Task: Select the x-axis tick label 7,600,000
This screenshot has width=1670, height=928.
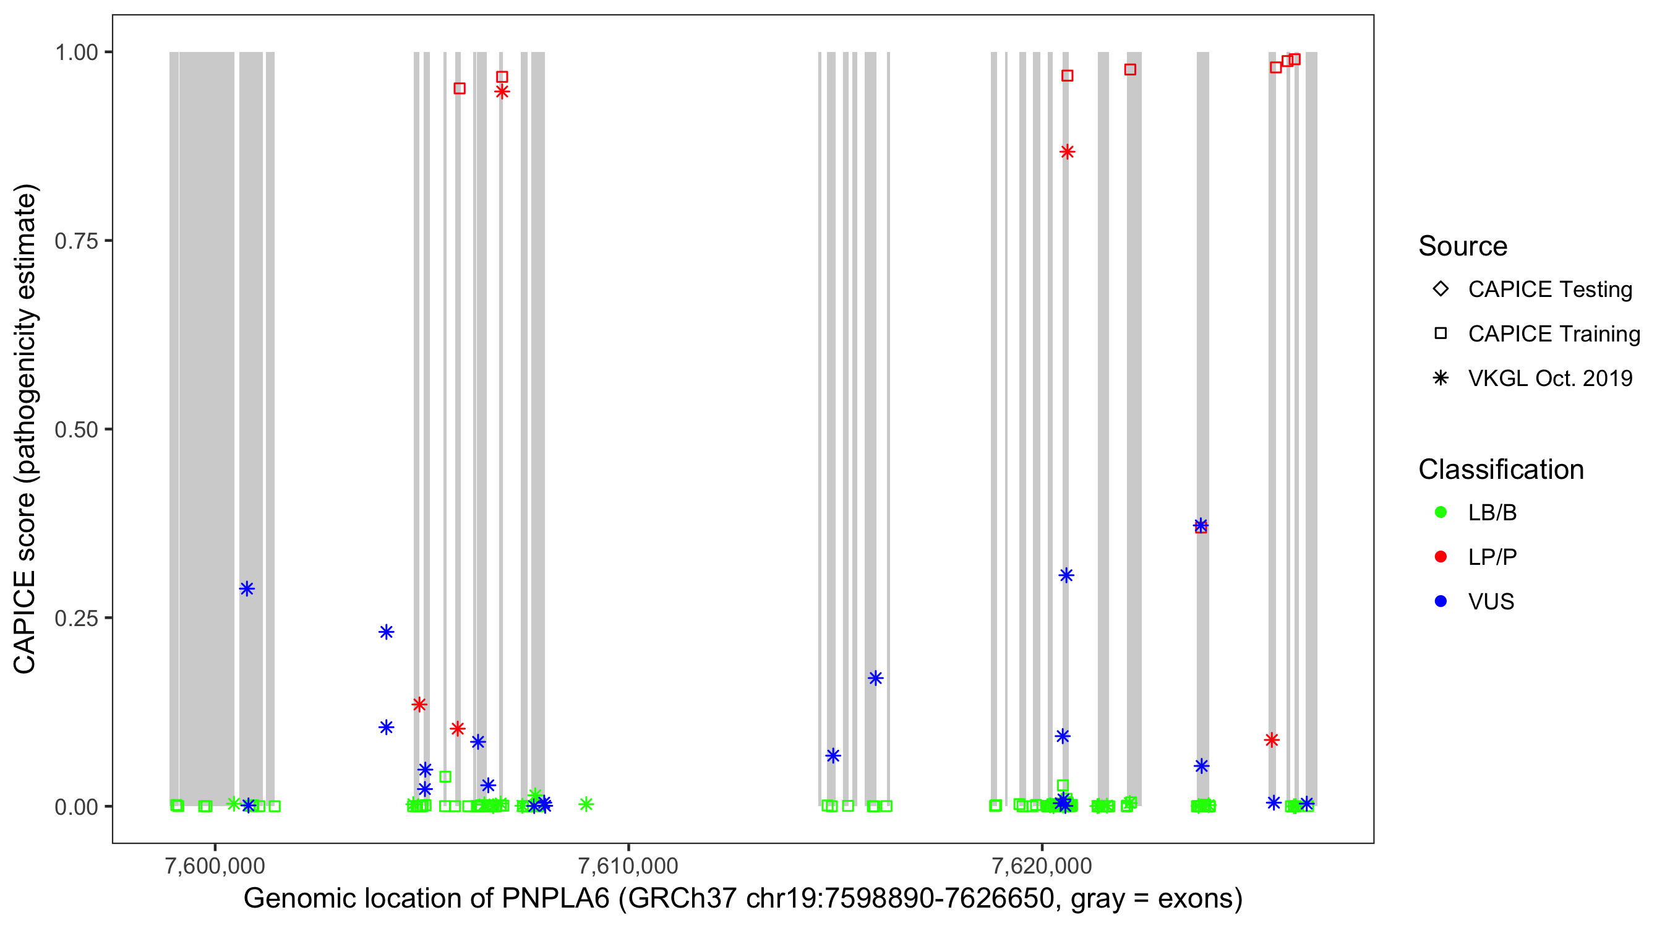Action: (215, 866)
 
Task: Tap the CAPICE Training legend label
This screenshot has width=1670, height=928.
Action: (1553, 334)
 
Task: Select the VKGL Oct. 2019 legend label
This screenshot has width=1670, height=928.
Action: (1549, 379)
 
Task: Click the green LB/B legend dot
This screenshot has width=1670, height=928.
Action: (1441, 512)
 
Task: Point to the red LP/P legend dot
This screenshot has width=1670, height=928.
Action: (1441, 557)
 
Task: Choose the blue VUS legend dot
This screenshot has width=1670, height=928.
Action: (1441, 602)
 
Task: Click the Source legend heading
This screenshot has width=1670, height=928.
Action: (1462, 246)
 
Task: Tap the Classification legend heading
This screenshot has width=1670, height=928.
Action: (1500, 470)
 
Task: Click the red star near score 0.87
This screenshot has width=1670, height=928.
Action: (1067, 152)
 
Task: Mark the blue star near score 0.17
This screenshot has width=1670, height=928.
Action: (875, 678)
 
